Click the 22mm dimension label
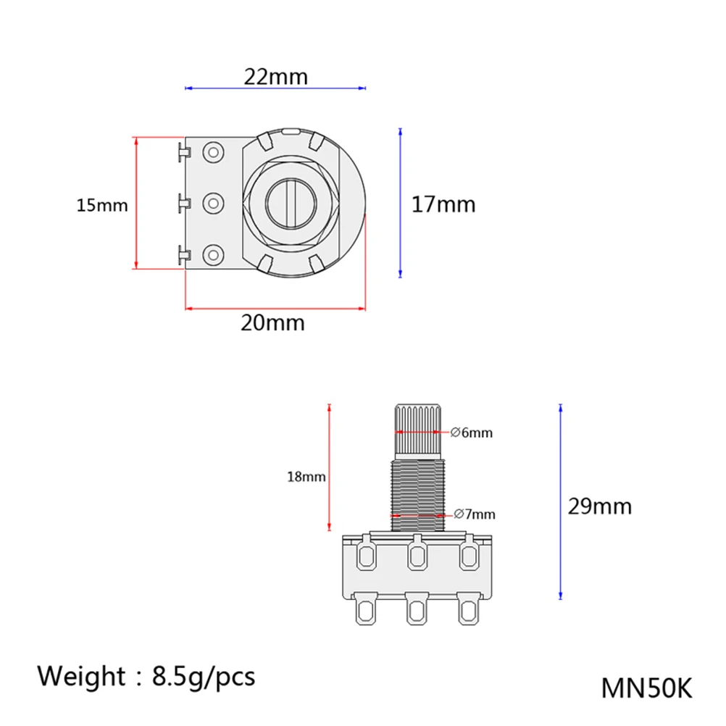[275, 76]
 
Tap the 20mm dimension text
[272, 322]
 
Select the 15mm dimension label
[102, 206]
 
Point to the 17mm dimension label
[443, 204]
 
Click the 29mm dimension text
[599, 506]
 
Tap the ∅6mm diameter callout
[472, 433]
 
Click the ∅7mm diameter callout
[475, 514]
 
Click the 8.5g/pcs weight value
[204, 676]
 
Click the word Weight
[81, 676]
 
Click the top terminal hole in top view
[212, 152]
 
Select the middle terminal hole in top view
[212, 204]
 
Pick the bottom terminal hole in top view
[212, 254]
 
